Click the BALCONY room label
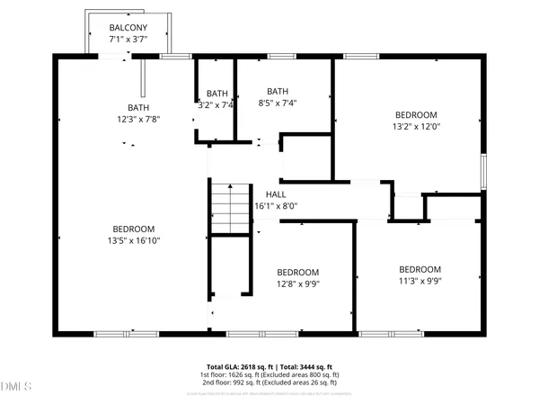click(x=127, y=28)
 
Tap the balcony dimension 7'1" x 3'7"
click(x=127, y=40)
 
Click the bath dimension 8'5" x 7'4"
click(x=277, y=103)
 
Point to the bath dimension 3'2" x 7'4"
click(x=216, y=104)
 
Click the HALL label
click(x=276, y=193)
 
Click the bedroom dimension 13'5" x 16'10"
click(x=133, y=240)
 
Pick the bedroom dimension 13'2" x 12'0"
click(x=416, y=127)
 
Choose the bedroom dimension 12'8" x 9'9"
click(x=297, y=284)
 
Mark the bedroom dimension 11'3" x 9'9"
click(x=420, y=281)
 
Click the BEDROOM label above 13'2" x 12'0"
click(x=416, y=114)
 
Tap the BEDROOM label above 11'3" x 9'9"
click(x=420, y=269)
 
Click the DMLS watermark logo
click(x=16, y=387)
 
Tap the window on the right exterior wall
click(x=483, y=170)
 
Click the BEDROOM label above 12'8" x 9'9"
click(x=297, y=273)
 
